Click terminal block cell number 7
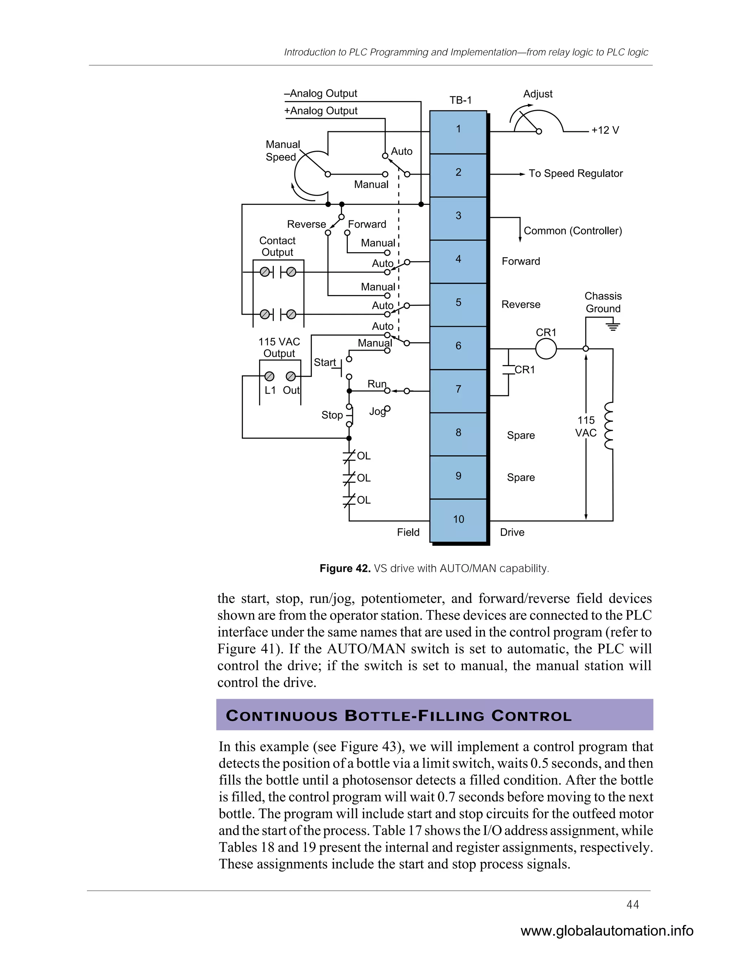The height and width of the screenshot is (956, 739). click(x=458, y=389)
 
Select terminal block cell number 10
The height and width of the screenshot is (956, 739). click(x=458, y=519)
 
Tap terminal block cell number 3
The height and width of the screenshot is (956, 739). click(x=458, y=216)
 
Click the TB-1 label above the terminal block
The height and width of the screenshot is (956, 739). click(x=460, y=100)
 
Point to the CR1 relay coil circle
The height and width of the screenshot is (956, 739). click(x=546, y=349)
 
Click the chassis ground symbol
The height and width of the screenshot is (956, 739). click(x=613, y=326)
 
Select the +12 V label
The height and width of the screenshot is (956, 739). click(x=605, y=131)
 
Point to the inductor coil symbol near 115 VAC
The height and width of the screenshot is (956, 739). click(x=608, y=426)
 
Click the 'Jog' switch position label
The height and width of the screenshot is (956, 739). click(x=376, y=412)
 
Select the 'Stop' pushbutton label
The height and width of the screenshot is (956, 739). click(x=332, y=415)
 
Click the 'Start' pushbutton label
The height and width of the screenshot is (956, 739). click(x=324, y=363)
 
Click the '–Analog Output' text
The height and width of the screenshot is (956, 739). click(x=320, y=94)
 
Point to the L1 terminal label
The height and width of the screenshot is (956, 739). click(x=270, y=390)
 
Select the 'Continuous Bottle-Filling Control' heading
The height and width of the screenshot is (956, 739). click(x=398, y=716)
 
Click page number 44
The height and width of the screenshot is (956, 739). click(x=633, y=905)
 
